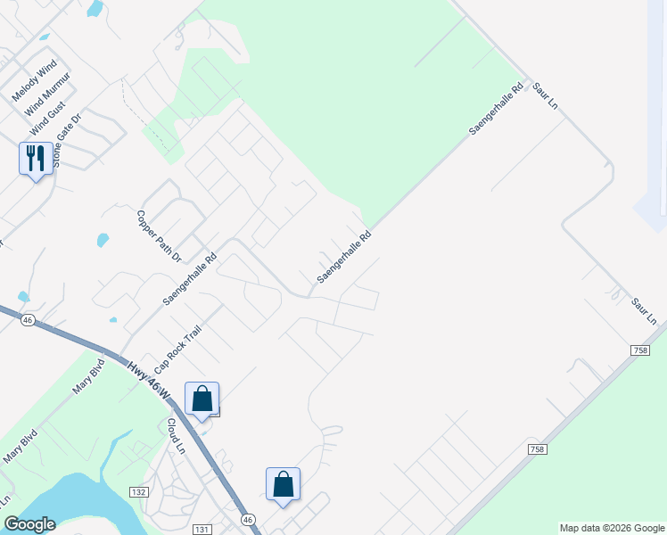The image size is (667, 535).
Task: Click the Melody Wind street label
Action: point(34,79)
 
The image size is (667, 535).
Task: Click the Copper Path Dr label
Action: point(159,236)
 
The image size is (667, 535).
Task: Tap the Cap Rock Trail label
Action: point(178,349)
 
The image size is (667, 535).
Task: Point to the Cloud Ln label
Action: point(176,435)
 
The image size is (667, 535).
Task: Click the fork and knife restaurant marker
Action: point(35,159)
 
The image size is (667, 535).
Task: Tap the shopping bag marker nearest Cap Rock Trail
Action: point(202,398)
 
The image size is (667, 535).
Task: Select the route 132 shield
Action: point(137,492)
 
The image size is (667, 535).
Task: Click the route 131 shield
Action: point(202,529)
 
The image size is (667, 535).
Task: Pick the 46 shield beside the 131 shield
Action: point(248,519)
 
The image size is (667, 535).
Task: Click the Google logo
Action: point(29,524)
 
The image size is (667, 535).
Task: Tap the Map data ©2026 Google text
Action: point(611,528)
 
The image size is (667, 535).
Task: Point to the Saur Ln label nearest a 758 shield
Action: point(644,311)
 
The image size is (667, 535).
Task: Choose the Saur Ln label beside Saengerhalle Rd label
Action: point(545,96)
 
